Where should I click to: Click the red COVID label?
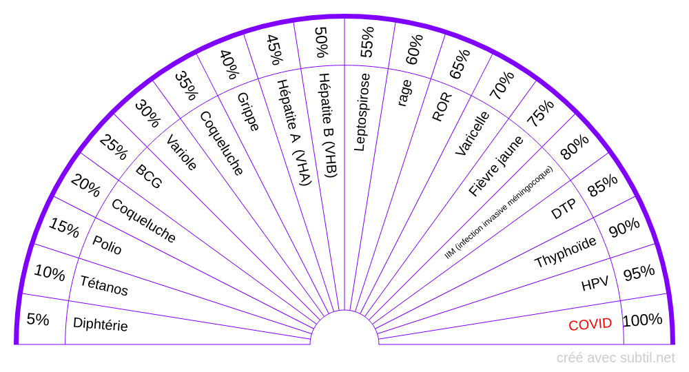590,324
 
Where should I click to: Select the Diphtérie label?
101,324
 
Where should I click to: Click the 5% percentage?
38,320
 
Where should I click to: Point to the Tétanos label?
104,285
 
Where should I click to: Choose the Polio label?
107,245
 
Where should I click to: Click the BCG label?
149,177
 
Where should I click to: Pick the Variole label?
182,152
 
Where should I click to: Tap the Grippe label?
248,112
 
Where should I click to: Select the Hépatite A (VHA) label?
294,132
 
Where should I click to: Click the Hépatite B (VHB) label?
327,125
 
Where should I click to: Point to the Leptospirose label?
361,112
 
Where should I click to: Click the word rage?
404,93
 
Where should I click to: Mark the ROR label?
442,107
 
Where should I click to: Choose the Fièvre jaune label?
496,166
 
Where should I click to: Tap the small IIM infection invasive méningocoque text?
499,212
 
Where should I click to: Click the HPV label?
595,283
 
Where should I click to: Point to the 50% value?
321,42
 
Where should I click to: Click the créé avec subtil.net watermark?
615,358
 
